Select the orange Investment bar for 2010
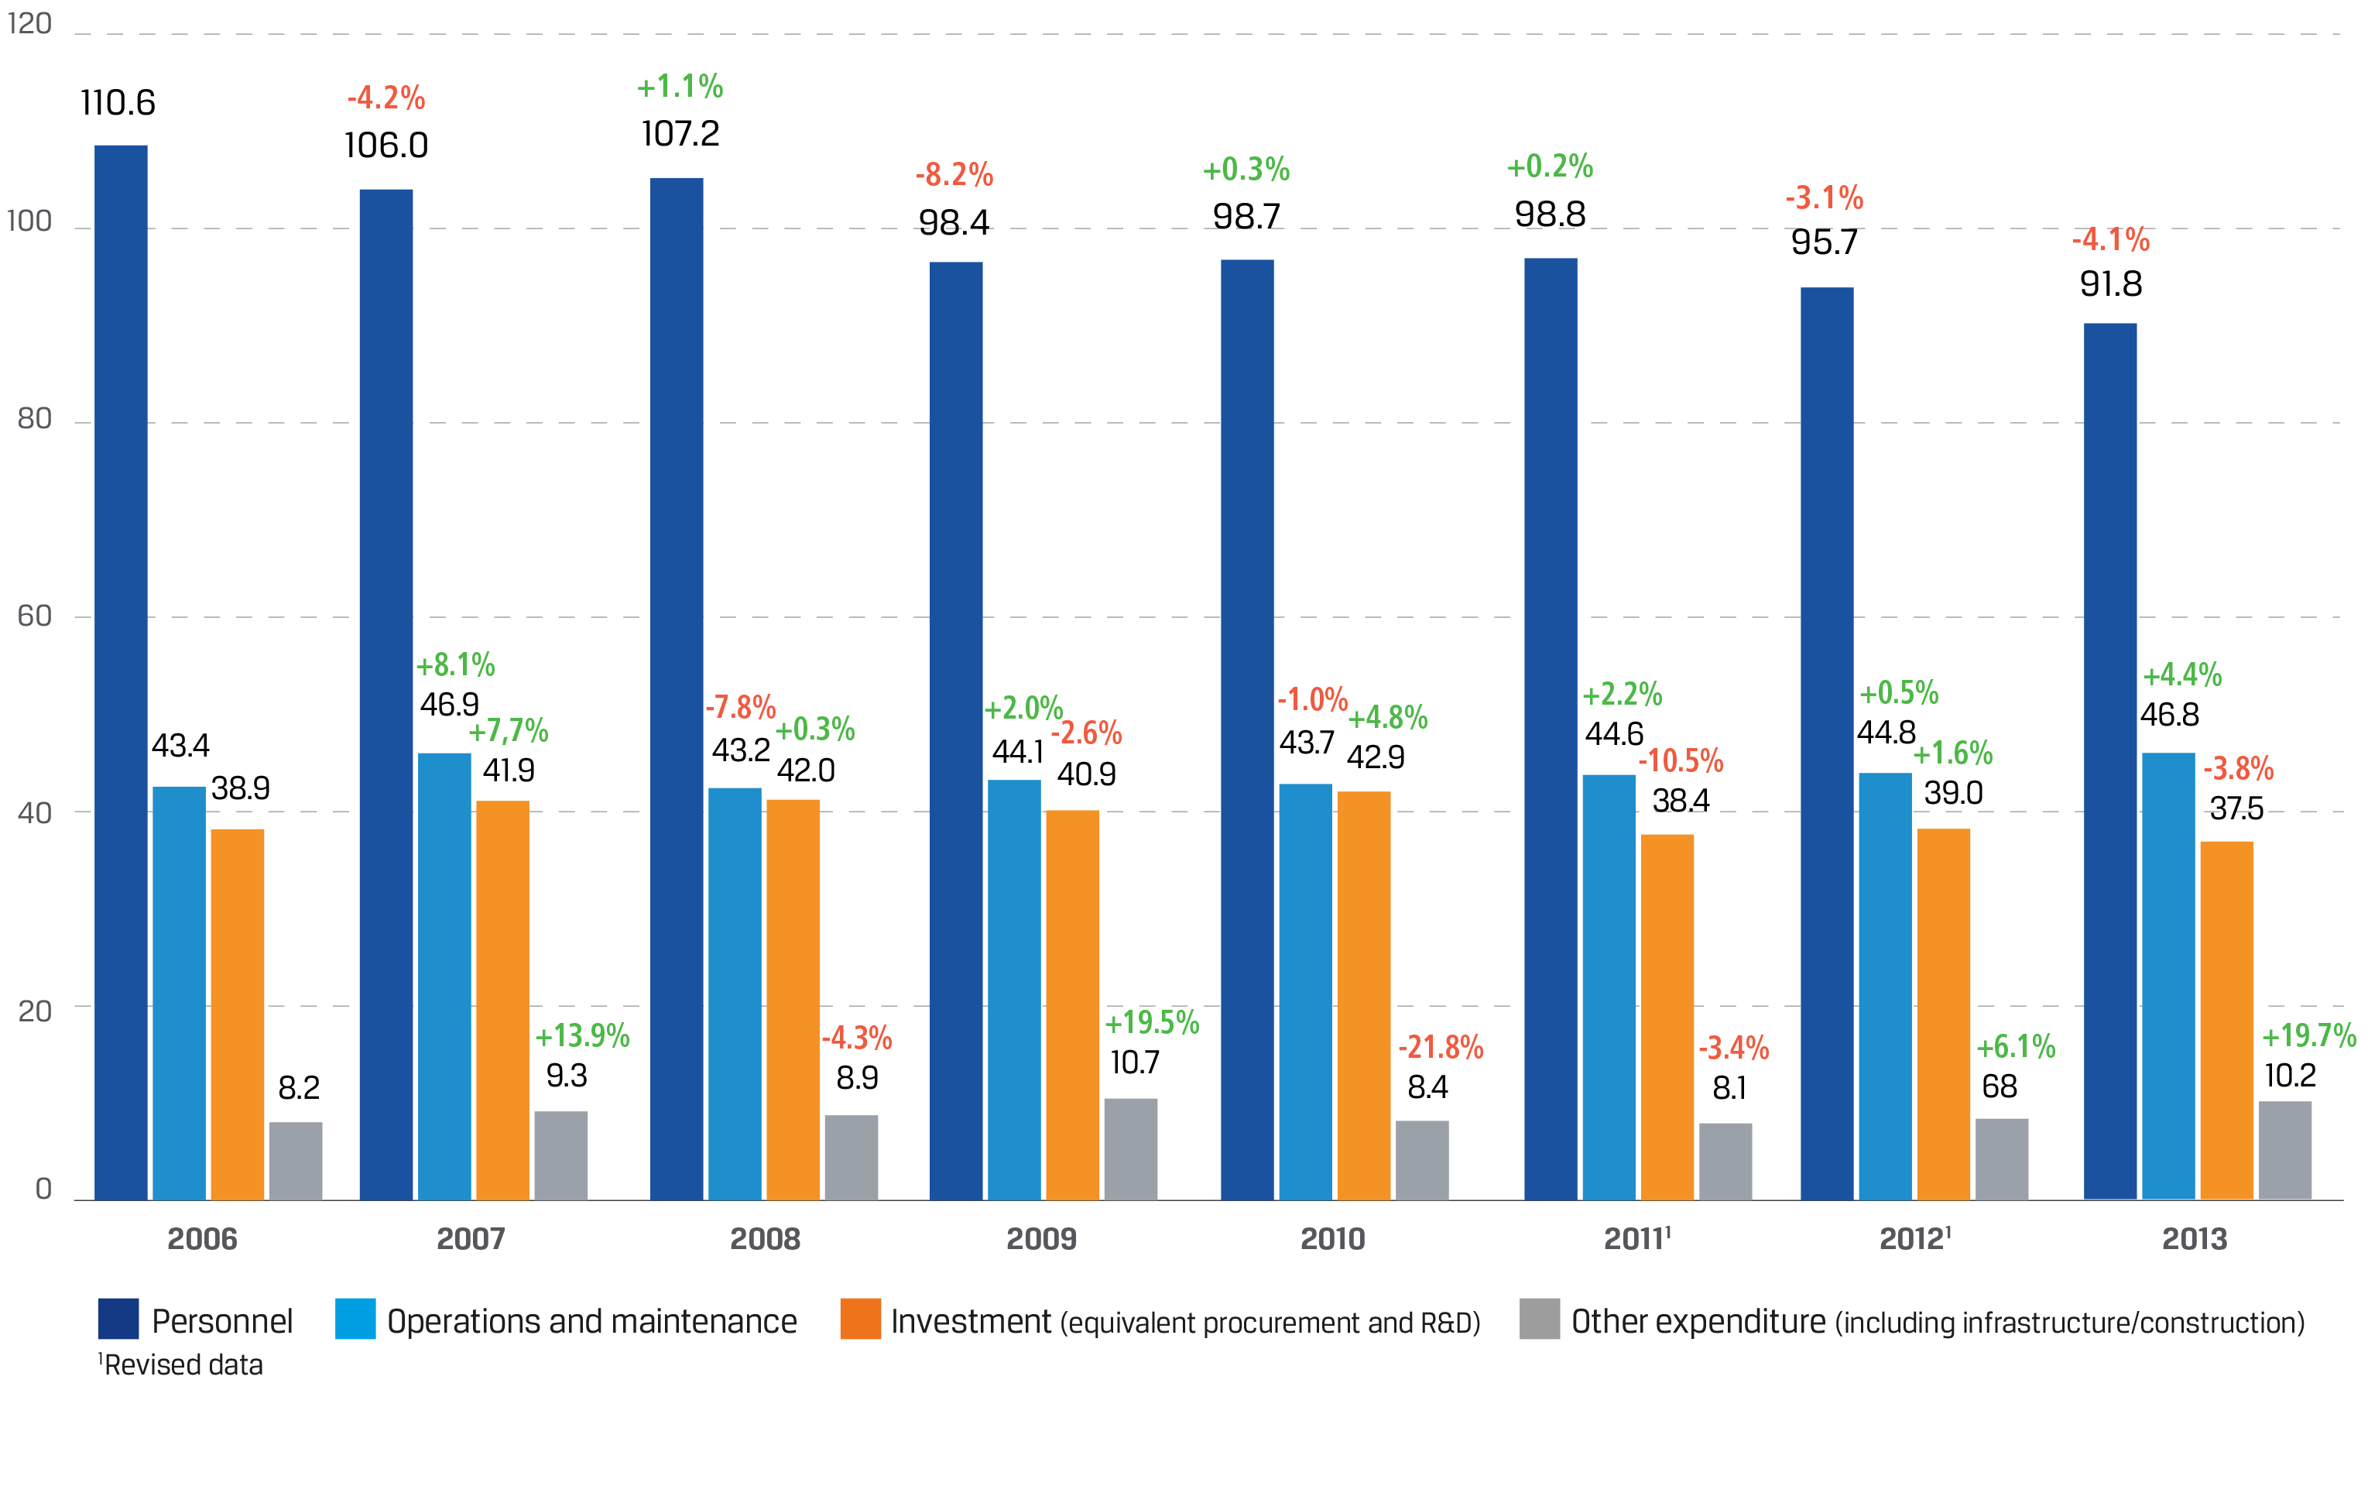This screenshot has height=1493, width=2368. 1363,994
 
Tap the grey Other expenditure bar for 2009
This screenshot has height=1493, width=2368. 1130,1148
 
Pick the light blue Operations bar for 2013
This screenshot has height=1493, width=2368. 2168,975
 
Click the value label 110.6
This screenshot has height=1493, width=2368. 118,103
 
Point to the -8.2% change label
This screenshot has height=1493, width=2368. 954,175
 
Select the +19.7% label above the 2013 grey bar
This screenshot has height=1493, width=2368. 2308,1035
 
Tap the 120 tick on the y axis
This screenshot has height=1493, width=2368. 29,23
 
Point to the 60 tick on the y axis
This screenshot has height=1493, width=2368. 34,616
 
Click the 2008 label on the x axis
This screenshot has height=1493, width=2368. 765,1239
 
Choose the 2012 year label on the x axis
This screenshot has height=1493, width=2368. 1913,1239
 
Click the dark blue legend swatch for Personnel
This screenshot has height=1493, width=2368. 118,1319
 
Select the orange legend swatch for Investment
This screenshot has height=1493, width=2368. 861,1319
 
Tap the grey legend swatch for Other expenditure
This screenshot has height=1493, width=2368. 1539,1319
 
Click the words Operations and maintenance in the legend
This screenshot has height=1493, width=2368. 591,1321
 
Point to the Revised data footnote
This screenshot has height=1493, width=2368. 182,1365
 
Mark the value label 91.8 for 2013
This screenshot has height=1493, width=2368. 2110,284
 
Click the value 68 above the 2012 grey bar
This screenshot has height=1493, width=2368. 2000,1086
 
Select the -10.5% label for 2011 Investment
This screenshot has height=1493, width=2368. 1681,760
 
